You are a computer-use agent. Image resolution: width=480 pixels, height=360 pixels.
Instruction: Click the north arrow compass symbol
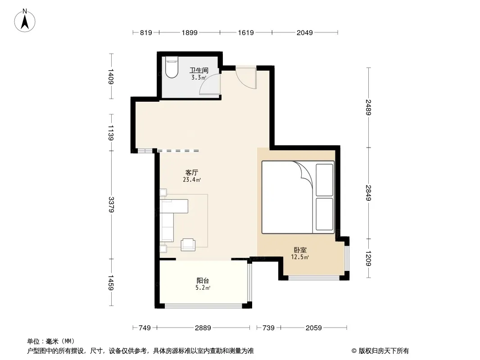click(x=25, y=21)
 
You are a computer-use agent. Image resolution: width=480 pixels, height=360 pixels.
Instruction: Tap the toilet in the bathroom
click(x=172, y=67)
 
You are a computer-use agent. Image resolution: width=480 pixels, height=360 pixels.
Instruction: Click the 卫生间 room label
click(x=199, y=70)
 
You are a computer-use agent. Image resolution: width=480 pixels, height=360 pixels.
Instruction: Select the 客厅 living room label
click(x=192, y=172)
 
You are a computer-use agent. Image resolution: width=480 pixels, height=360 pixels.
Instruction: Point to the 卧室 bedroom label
click(x=300, y=250)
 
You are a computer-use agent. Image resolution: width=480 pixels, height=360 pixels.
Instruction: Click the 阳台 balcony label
click(x=203, y=280)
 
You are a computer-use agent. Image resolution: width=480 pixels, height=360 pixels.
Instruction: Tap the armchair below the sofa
click(x=188, y=244)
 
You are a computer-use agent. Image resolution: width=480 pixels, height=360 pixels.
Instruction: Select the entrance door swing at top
click(x=246, y=78)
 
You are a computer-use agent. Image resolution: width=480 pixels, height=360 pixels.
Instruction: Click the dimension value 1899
click(x=190, y=32)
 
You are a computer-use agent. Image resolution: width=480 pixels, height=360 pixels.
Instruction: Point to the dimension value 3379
click(x=111, y=205)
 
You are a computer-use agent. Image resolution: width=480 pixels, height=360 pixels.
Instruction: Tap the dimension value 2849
click(x=368, y=193)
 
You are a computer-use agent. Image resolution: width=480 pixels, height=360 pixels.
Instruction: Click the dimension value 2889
click(x=203, y=328)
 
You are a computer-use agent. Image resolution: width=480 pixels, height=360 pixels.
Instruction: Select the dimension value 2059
click(x=313, y=328)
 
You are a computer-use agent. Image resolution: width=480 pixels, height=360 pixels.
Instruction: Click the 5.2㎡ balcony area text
click(x=203, y=288)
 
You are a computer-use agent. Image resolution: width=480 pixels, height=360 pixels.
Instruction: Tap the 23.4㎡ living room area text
click(x=192, y=180)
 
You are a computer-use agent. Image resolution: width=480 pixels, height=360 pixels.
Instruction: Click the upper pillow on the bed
click(x=324, y=180)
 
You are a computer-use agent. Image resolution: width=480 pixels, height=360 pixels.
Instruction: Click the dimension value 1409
click(x=111, y=76)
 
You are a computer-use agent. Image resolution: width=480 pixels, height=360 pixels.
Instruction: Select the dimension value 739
click(x=268, y=328)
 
